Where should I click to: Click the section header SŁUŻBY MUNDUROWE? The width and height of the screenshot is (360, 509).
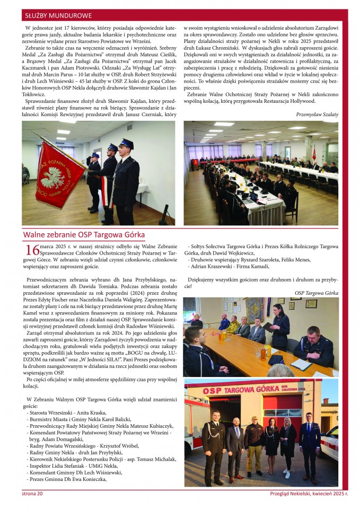(x=58, y=16)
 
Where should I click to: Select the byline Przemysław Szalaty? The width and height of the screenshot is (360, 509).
(x=317, y=114)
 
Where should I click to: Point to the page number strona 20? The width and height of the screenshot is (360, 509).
(x=32, y=494)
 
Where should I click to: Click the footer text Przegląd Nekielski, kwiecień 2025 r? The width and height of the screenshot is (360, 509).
(x=309, y=494)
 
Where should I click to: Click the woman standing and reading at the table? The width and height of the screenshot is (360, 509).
(x=280, y=323)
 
